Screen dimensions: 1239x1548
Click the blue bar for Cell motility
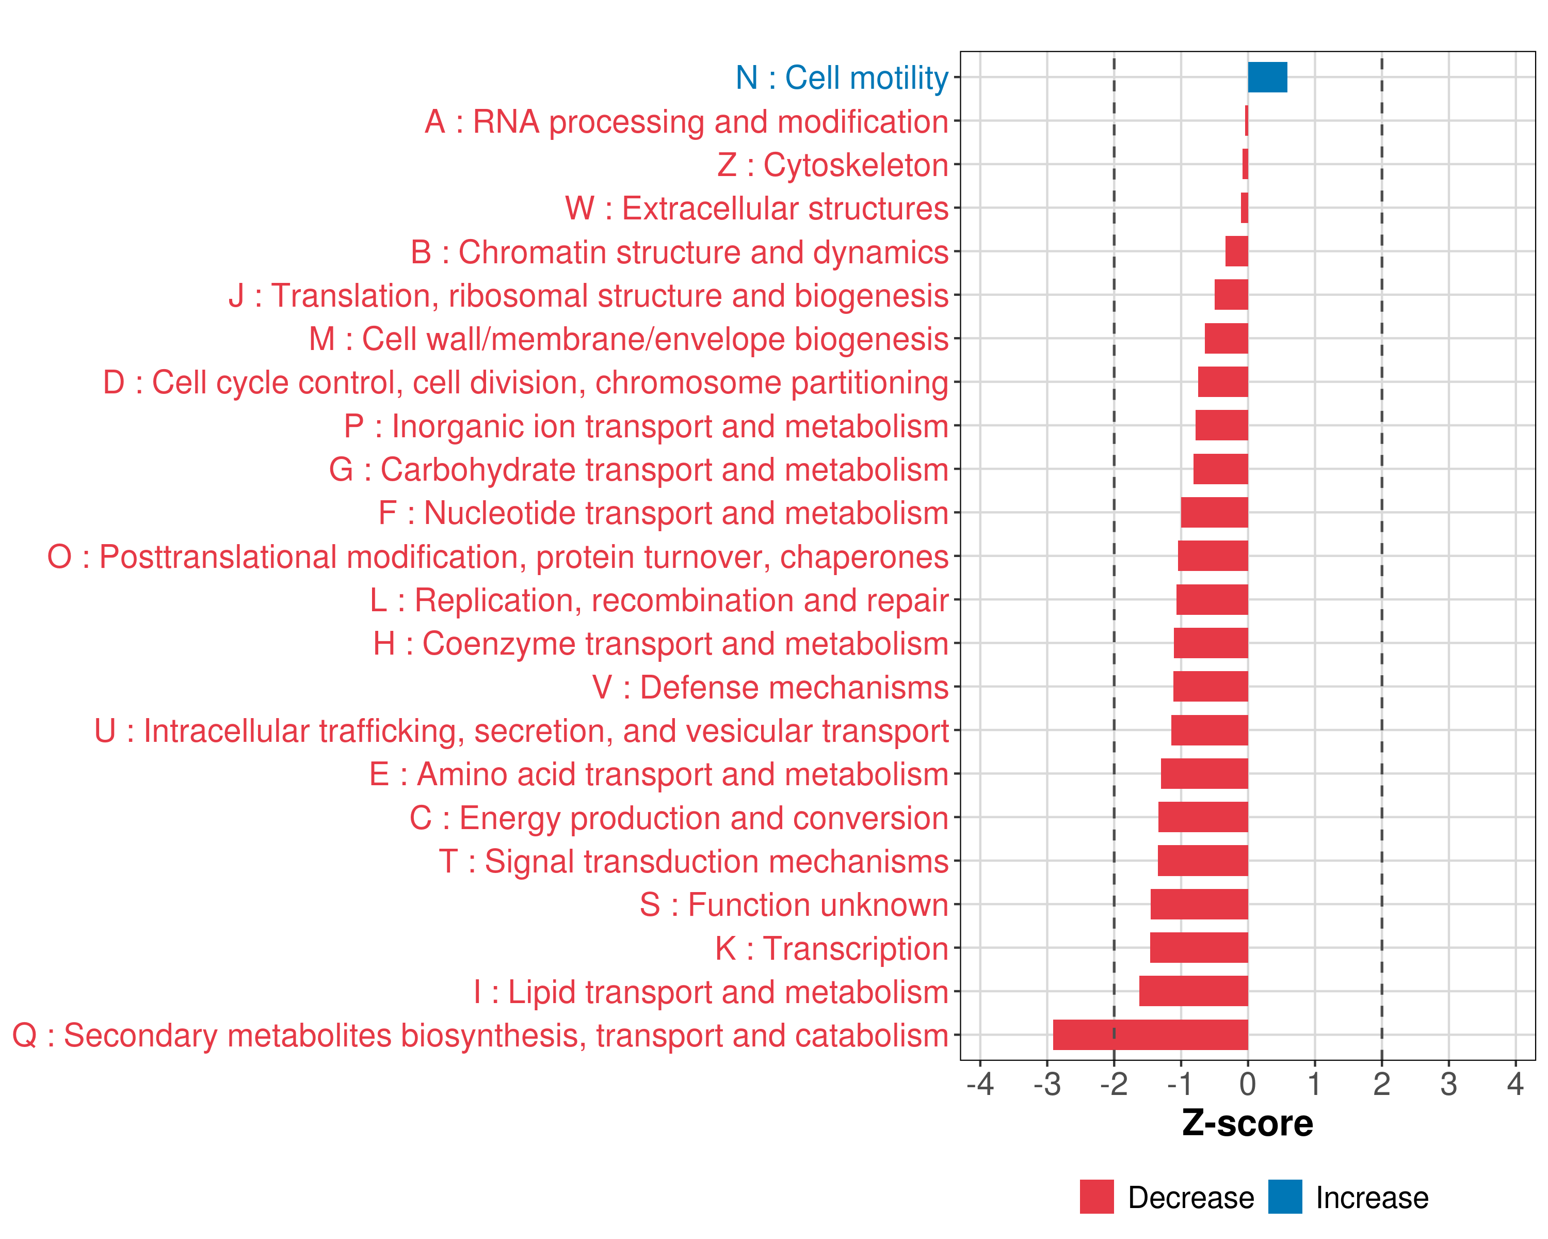[x=1267, y=77]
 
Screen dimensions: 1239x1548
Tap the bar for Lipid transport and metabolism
[x=1194, y=991]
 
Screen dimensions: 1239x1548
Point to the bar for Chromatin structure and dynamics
[x=1236, y=251]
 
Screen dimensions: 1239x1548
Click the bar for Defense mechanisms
[x=1211, y=687]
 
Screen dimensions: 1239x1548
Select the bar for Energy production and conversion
[x=1203, y=817]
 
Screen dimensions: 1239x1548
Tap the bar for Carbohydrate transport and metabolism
[x=1220, y=469]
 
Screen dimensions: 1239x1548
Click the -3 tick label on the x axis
[x=1047, y=1084]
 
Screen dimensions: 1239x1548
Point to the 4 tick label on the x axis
[x=1515, y=1084]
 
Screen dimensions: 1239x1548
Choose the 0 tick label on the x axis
[x=1248, y=1084]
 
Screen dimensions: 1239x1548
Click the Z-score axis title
[x=1247, y=1123]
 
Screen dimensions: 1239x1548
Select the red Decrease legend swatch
[x=1096, y=1197]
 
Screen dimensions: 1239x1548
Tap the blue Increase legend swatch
[x=1284, y=1197]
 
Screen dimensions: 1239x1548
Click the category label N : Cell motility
[x=842, y=77]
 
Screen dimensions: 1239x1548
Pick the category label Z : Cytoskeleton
[x=833, y=165]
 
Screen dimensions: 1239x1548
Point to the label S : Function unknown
[x=794, y=905]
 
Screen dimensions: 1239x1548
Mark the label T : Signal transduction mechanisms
[x=694, y=861]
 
